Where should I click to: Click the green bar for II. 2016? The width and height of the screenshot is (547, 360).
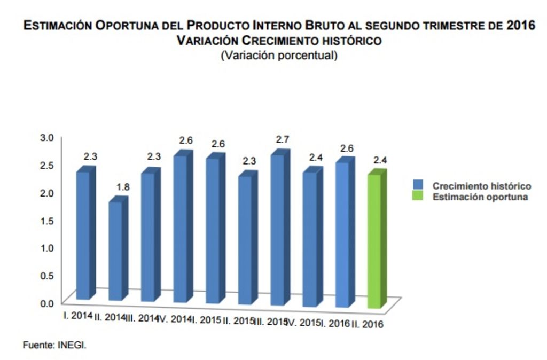click(376, 240)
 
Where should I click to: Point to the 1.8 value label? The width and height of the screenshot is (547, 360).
click(123, 187)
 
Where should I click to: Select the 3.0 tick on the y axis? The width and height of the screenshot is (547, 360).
click(48, 137)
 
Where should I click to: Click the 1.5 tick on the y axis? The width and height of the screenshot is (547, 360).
click(48, 220)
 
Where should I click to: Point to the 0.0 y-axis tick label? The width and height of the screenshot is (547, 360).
click(48, 303)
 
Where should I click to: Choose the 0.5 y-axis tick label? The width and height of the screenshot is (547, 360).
click(48, 276)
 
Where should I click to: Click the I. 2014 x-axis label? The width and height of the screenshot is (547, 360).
click(78, 315)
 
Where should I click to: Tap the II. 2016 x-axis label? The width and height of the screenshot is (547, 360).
click(368, 324)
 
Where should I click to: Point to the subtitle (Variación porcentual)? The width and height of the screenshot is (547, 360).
click(279, 55)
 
